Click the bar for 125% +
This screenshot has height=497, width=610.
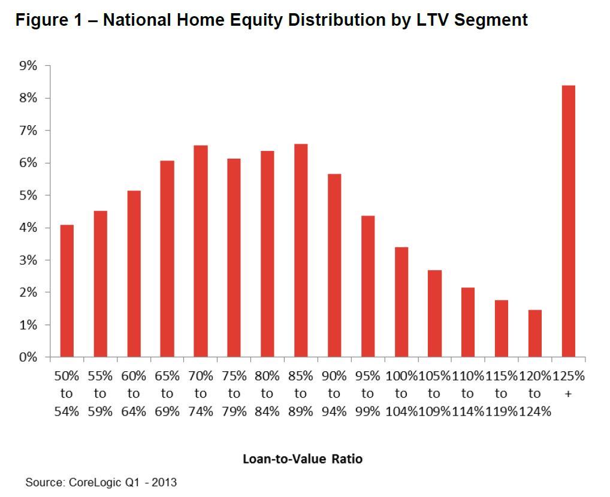click(x=568, y=222)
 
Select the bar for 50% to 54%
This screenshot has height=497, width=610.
click(x=67, y=291)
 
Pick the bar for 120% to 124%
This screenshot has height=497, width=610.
click(x=534, y=334)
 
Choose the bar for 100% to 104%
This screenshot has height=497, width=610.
click(x=401, y=302)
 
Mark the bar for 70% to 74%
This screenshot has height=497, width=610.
click(x=200, y=251)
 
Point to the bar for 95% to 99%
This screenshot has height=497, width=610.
click(x=367, y=286)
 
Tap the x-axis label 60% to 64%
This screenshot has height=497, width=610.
click(x=134, y=393)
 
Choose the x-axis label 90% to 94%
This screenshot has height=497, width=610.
click(x=334, y=393)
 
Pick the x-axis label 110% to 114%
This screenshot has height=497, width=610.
click(x=467, y=393)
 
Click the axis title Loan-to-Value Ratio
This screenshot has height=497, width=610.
click(x=303, y=459)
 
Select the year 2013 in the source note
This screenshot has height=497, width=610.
click(x=164, y=482)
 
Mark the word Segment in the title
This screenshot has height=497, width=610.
click(x=491, y=20)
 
